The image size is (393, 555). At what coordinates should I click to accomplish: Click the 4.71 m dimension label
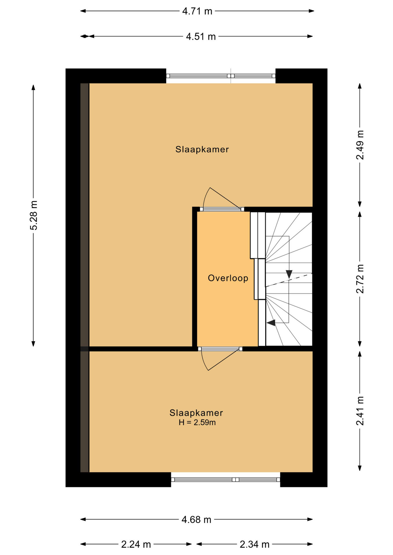(197, 11)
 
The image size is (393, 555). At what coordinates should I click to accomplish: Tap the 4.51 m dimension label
(201, 37)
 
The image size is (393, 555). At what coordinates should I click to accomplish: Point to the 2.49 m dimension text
(360, 145)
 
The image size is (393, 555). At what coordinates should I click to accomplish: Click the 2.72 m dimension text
(360, 279)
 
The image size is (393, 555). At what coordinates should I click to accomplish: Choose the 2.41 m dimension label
(360, 411)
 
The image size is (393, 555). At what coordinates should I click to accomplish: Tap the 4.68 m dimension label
(196, 520)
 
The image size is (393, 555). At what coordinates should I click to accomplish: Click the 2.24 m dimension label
(136, 545)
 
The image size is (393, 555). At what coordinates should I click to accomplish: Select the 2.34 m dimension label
(255, 545)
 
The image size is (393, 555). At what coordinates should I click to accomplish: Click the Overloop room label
(228, 278)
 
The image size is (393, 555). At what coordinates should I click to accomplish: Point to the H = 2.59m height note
(197, 423)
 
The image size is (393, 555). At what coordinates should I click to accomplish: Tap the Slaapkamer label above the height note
(196, 413)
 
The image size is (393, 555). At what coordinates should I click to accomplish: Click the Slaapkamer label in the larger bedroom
(202, 149)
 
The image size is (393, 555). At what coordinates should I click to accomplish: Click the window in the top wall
(221, 76)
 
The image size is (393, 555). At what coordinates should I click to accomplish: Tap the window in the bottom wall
(226, 480)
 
